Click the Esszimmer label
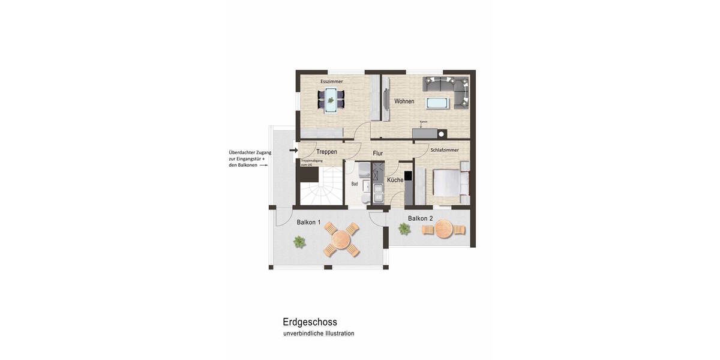click(x=331, y=81)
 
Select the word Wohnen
click(x=404, y=101)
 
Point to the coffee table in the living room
click(x=437, y=103)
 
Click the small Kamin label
click(x=424, y=122)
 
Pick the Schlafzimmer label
click(x=445, y=150)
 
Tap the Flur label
click(x=378, y=154)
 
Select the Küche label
click(x=395, y=180)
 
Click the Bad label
click(x=355, y=184)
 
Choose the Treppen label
click(x=326, y=152)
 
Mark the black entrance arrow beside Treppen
click(x=293, y=150)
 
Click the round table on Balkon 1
click(x=341, y=241)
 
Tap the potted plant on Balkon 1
click(x=299, y=241)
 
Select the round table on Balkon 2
click(x=445, y=229)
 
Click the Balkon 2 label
click(x=420, y=218)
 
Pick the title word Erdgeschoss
click(x=310, y=322)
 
